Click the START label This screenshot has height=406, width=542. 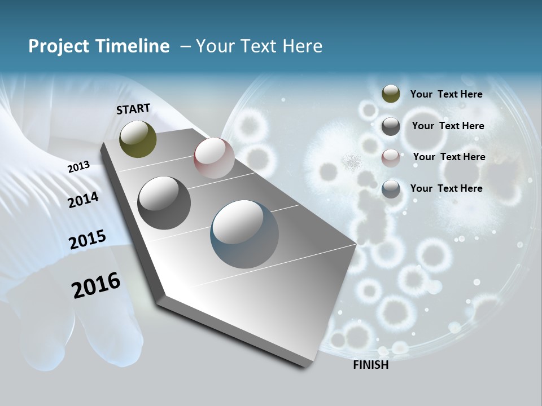133,109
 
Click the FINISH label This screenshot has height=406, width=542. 370,365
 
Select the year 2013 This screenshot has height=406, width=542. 79,167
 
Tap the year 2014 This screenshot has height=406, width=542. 83,200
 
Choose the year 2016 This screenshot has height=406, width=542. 96,285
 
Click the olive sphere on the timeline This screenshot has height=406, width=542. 138,139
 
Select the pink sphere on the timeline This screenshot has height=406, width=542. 214,158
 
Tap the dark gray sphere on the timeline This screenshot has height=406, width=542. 164,203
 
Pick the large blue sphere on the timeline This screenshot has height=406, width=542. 244,234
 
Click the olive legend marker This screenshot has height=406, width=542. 391,94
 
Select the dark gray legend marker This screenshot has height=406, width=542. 391,126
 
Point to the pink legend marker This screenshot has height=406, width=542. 391,158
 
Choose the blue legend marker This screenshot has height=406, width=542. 391,189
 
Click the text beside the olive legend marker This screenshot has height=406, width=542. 446,94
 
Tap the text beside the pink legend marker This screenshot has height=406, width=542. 449,157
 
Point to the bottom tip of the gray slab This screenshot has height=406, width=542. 305,367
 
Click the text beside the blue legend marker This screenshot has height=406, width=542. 446,188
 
